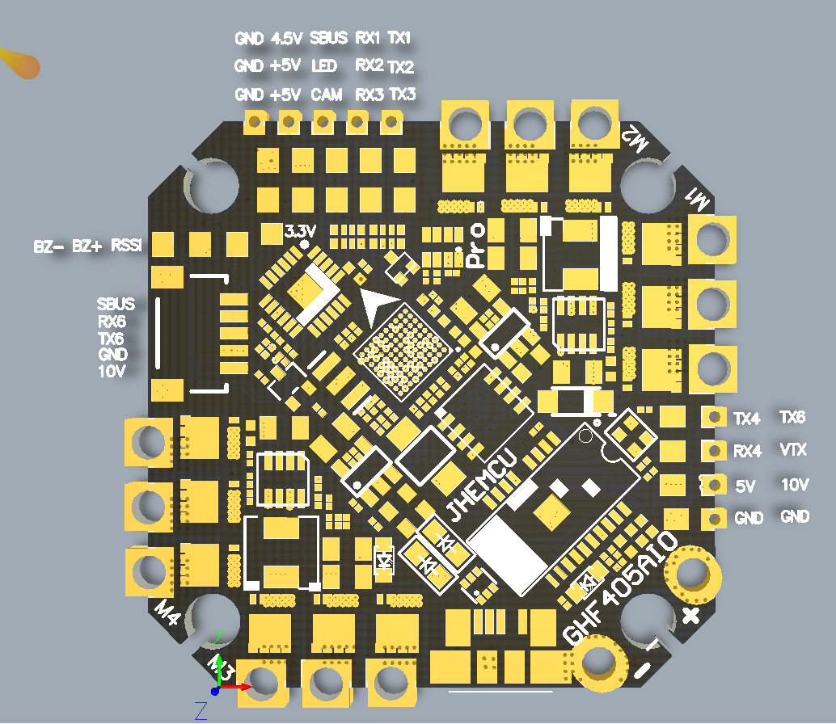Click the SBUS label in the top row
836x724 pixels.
point(328,38)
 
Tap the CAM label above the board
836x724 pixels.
point(326,95)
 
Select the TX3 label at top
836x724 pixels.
point(402,95)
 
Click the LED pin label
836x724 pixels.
point(323,66)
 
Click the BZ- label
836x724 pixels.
point(49,246)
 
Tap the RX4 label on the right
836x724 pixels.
point(747,452)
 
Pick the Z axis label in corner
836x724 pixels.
point(201,710)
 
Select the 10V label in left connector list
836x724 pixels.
point(113,371)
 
